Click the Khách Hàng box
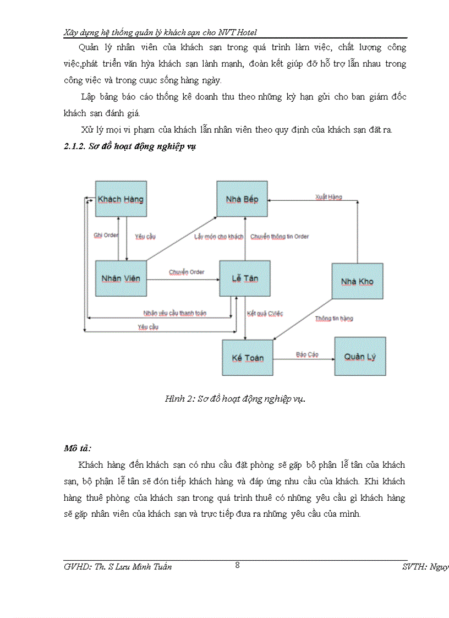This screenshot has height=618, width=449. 121,199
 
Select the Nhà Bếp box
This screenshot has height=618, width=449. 242,199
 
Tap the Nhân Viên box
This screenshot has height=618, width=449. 121,278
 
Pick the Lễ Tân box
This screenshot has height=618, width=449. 244,278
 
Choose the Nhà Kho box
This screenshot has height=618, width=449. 357,281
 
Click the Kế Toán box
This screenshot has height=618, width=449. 248,358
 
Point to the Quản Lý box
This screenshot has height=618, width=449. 360,357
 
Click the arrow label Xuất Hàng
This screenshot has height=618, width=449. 328,196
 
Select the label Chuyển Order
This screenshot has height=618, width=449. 187,272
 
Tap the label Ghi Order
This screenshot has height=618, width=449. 106,235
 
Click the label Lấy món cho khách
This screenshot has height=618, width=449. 218,237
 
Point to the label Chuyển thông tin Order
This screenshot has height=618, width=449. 280,237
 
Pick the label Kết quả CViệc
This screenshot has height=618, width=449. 265,313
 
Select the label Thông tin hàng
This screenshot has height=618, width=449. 334,318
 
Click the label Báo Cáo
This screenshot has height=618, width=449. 307,354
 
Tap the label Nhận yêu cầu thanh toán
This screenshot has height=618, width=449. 174,313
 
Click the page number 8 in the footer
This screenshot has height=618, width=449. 237,565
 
